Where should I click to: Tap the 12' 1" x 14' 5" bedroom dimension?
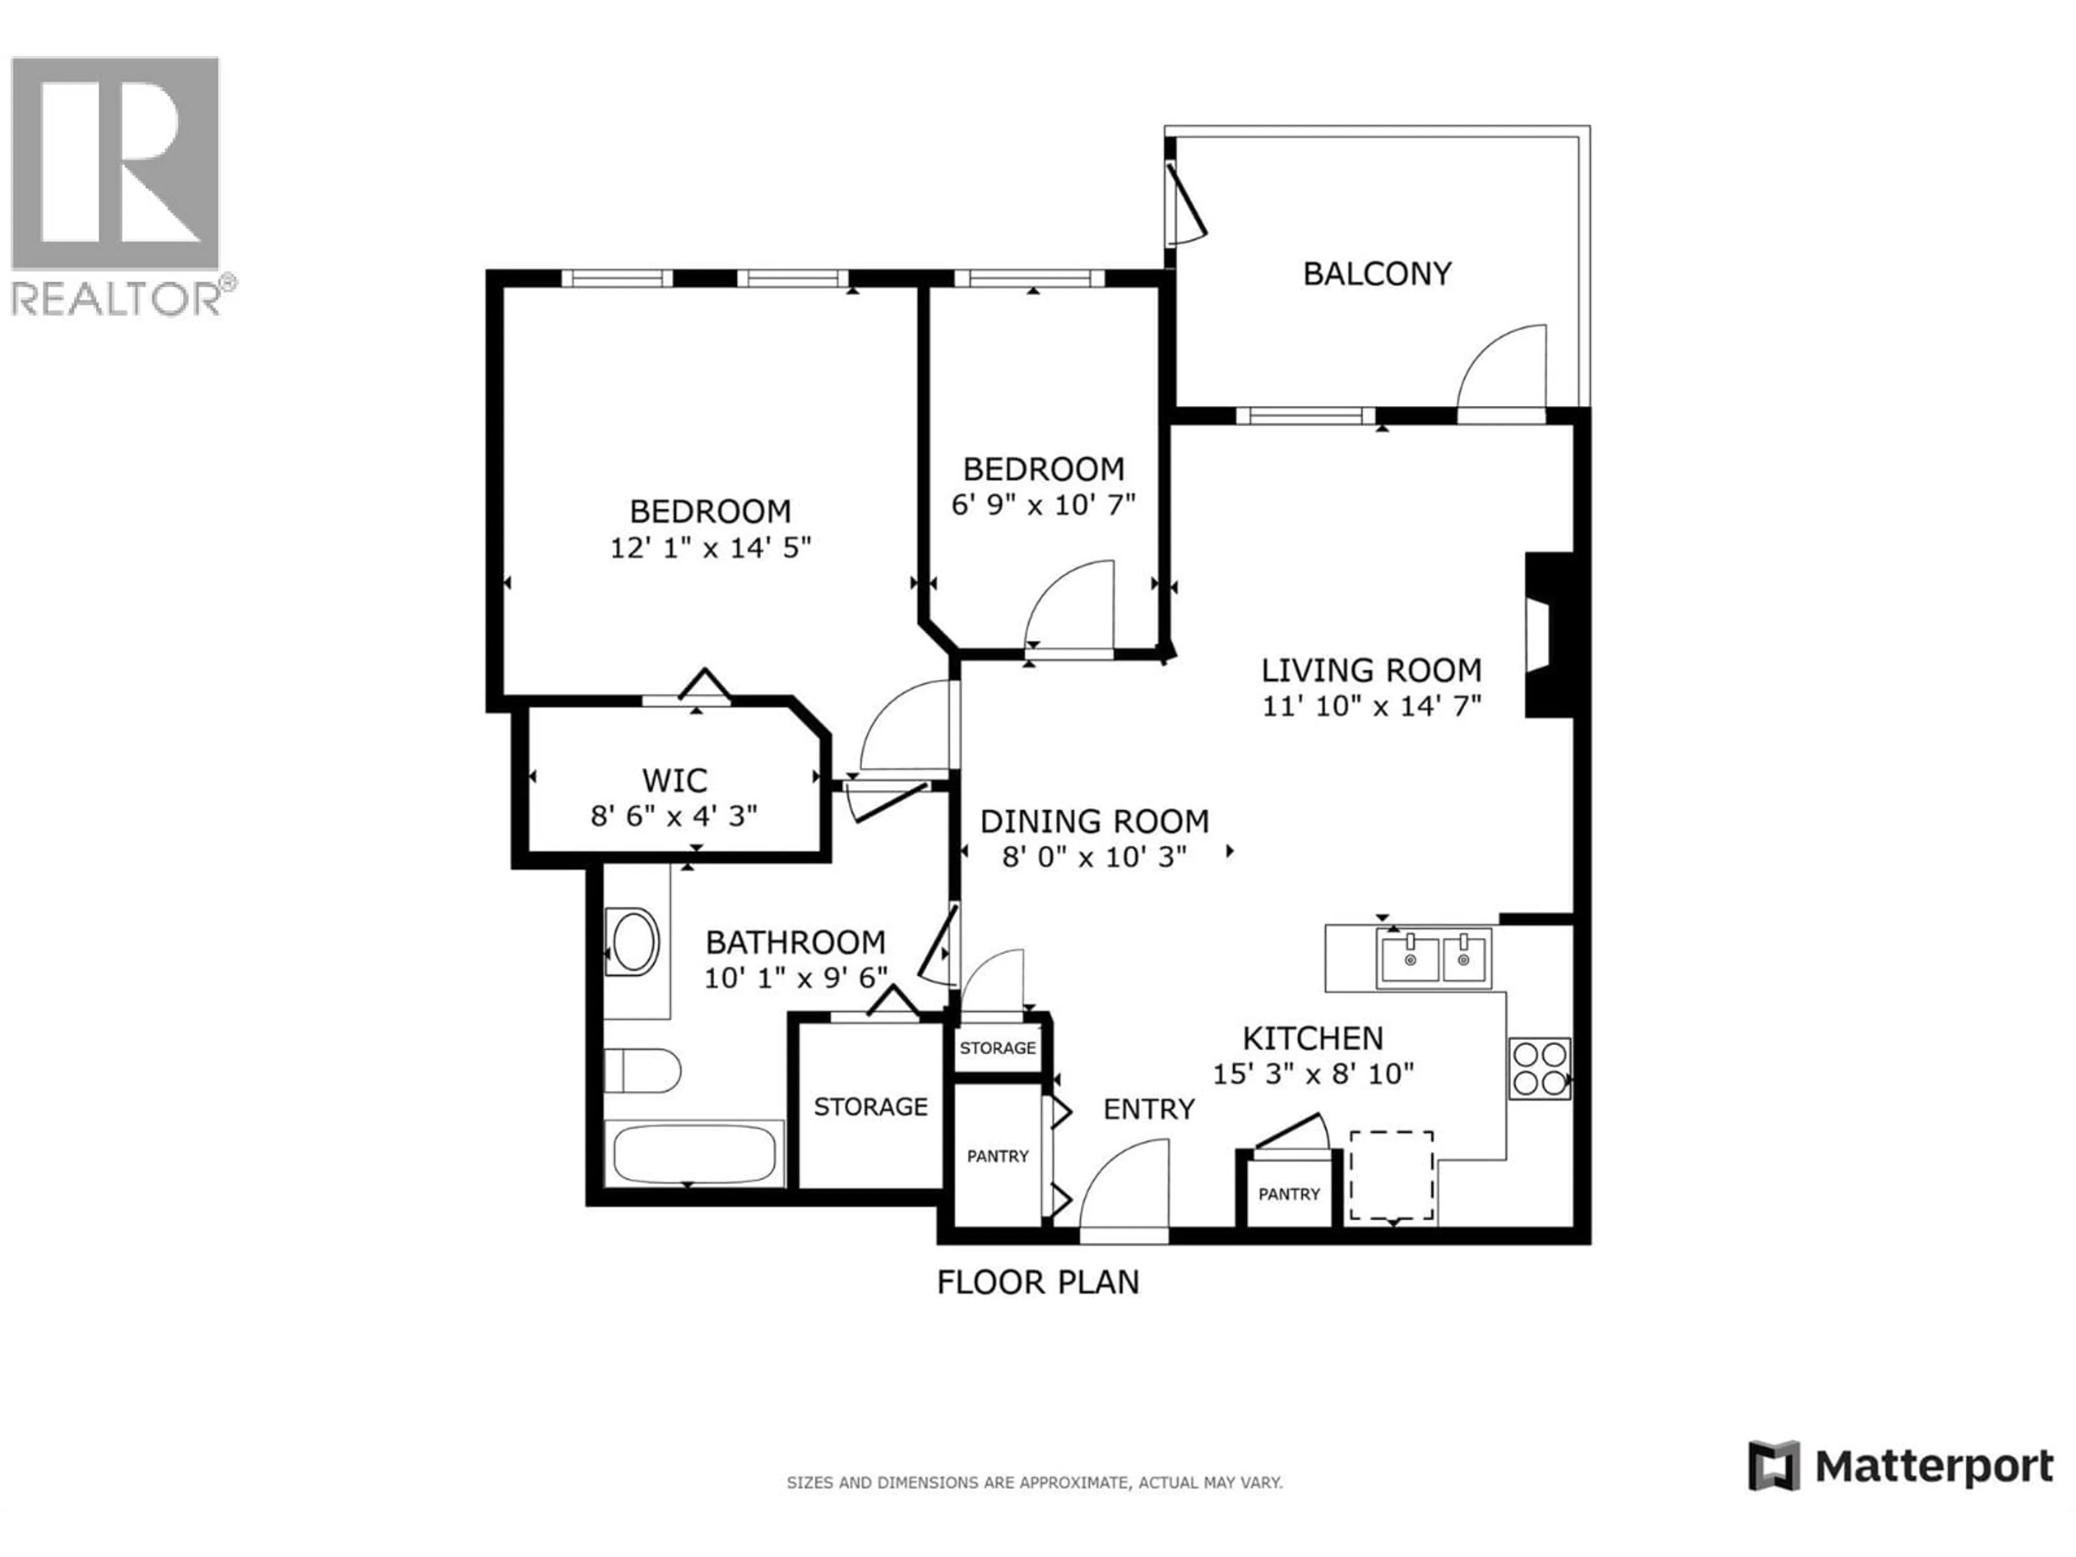pyautogui.click(x=710, y=547)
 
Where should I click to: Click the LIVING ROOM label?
pyautogui.click(x=1370, y=670)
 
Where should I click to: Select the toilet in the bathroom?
pyautogui.click(x=642, y=1071)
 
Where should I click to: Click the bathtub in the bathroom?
pyautogui.click(x=694, y=1154)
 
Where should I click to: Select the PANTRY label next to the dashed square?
pyautogui.click(x=1289, y=1194)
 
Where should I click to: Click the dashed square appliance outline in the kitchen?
pyautogui.click(x=1391, y=1175)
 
